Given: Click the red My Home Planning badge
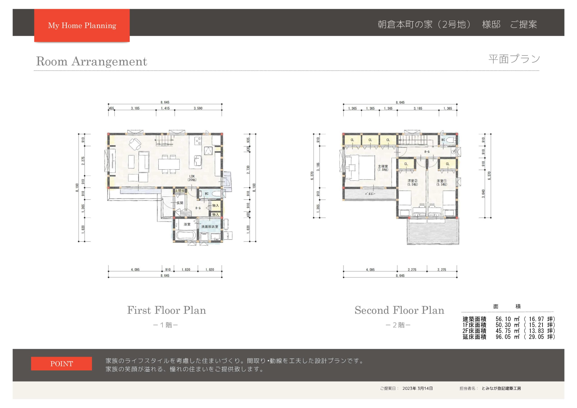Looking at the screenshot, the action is [82, 25].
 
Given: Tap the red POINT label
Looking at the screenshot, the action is [62, 364].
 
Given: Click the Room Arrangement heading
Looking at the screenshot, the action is [92, 61].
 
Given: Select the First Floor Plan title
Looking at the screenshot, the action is [167, 310].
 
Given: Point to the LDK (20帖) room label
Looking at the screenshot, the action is [192, 178].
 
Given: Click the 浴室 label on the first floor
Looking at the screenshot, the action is [187, 224].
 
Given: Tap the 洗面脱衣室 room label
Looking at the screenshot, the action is [210, 227].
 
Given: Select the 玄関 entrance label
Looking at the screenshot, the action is [180, 203].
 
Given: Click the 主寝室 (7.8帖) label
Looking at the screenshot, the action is [383, 168].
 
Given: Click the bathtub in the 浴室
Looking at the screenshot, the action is [186, 236].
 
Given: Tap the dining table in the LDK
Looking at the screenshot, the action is [169, 164].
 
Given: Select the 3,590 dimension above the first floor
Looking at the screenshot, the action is [198, 108].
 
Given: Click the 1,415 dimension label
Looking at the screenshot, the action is [165, 108].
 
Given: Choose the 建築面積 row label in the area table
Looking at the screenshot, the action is [474, 319].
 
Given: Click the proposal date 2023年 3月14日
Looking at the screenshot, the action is [417, 388].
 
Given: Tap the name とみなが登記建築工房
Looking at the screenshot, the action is [501, 388].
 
